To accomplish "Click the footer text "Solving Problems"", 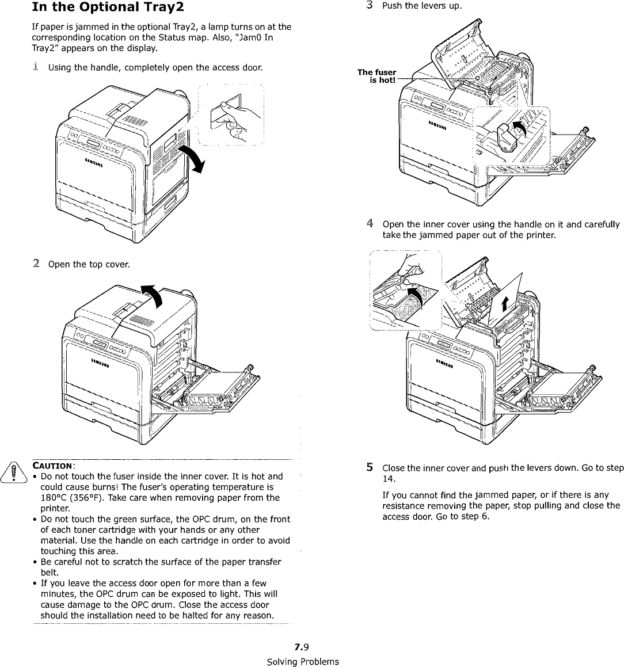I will point(303,661).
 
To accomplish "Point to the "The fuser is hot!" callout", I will point(378,76).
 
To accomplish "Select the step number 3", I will point(370,6).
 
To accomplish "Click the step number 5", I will point(370,467).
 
